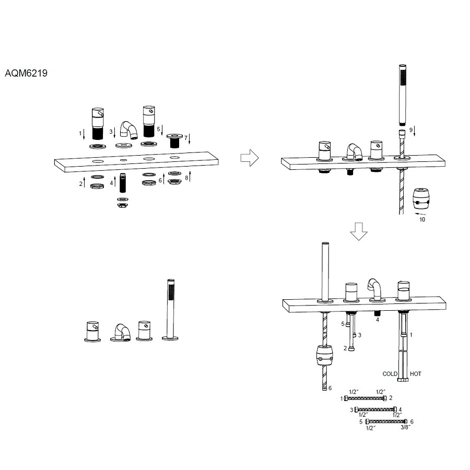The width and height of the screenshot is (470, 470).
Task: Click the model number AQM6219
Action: pos(26,74)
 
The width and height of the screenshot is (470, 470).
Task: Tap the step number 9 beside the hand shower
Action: pos(411,130)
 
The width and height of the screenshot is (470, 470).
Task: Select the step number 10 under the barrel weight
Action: pos(422,220)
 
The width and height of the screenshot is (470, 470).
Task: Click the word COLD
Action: pos(390,374)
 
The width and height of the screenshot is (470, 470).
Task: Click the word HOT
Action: pos(416,374)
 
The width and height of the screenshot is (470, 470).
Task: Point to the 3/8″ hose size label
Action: pos(405,428)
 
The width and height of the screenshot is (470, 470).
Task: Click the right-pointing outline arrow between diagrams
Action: pos(250,158)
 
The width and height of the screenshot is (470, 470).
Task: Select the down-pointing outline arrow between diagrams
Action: pos(359,231)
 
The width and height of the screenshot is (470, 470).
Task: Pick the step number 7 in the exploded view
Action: pos(185,137)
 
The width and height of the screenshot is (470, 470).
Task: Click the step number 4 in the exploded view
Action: pos(112,183)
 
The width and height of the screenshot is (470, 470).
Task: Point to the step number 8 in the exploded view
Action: pos(186,178)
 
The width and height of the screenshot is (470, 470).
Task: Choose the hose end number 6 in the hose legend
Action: pos(412,421)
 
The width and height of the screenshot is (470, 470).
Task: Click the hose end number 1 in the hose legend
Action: pos(342,398)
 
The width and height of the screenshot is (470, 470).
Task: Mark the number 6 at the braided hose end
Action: pos(330,388)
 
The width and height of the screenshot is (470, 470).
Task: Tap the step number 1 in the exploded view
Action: pos(80,134)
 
